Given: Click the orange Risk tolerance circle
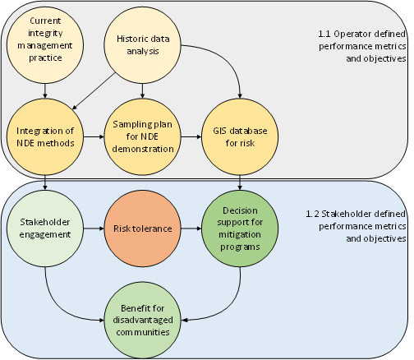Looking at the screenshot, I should (143, 228).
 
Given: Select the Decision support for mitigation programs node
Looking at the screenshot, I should (239, 228).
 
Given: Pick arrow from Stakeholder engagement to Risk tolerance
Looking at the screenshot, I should (93, 228).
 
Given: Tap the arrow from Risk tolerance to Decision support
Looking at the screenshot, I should (191, 228).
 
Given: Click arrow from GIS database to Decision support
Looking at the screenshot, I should (239, 180).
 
